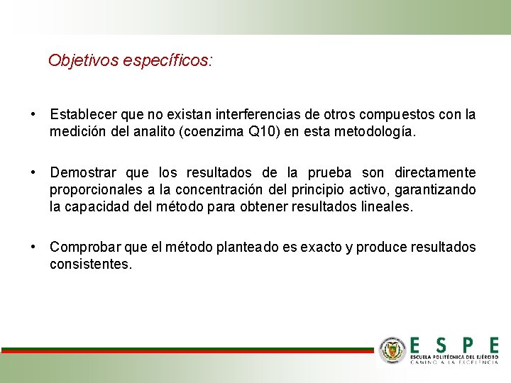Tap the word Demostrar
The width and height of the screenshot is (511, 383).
click(84, 173)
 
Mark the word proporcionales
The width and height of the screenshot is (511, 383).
click(94, 190)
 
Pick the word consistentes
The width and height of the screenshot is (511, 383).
click(90, 264)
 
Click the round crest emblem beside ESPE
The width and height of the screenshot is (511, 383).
click(391, 350)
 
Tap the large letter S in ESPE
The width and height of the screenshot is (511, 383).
click(441, 345)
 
